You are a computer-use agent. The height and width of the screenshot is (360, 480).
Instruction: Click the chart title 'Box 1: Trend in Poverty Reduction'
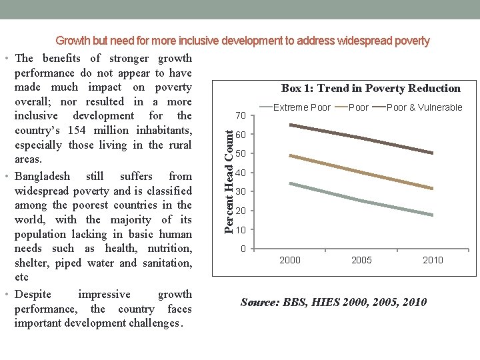coord(371,88)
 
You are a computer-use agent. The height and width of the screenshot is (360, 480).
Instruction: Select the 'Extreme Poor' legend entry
coord(301,107)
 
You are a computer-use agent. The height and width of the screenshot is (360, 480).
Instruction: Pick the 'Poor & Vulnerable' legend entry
coord(424,107)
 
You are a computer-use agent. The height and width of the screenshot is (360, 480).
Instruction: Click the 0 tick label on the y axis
coord(243,249)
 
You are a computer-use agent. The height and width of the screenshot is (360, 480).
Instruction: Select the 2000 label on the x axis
coord(289,260)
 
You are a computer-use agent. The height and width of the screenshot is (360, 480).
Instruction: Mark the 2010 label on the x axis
coord(432,260)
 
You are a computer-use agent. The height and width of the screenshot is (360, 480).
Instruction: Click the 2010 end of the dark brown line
coord(433,153)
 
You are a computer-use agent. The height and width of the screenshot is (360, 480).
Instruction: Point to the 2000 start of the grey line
coord(290,183)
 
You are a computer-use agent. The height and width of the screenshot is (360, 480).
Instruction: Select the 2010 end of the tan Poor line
coord(433,189)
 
